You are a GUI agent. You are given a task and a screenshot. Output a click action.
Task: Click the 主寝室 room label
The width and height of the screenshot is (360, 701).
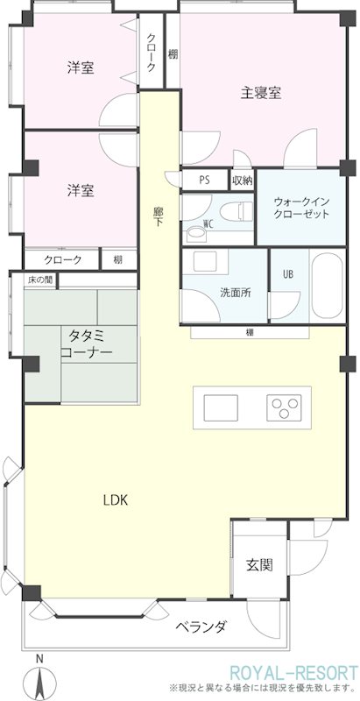point(261,93)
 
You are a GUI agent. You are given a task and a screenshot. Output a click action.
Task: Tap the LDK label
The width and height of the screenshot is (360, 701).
point(116,500)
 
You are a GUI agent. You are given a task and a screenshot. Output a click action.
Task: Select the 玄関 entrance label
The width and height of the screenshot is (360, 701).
point(259,565)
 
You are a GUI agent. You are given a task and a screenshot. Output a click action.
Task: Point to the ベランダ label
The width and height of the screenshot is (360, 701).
point(201,627)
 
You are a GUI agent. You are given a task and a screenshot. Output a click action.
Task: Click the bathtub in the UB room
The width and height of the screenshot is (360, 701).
point(327,286)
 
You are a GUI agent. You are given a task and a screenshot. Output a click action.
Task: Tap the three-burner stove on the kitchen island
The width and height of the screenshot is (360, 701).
point(284,407)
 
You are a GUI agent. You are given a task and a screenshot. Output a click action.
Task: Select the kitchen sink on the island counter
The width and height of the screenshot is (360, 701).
point(220,407)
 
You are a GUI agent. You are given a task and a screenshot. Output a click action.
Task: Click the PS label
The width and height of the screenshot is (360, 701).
point(205,181)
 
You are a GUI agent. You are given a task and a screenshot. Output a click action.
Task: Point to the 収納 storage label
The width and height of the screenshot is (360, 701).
point(243,181)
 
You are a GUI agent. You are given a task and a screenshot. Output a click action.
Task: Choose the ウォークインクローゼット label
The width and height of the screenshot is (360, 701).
point(301,208)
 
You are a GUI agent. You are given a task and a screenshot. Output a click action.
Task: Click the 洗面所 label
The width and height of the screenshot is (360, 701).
point(235,293)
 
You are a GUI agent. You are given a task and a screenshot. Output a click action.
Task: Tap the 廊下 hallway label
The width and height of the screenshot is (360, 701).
point(158,216)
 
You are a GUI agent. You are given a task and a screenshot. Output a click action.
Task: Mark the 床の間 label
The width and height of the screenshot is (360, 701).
point(40,280)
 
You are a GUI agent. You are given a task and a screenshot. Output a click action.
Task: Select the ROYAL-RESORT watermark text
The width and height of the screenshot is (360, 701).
point(294,672)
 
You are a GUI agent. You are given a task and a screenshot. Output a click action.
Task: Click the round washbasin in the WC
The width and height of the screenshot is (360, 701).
point(194,233)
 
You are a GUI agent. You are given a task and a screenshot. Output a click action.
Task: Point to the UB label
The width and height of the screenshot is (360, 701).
point(288,274)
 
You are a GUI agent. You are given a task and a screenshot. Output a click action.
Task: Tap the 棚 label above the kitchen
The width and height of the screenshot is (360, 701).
point(250,332)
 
